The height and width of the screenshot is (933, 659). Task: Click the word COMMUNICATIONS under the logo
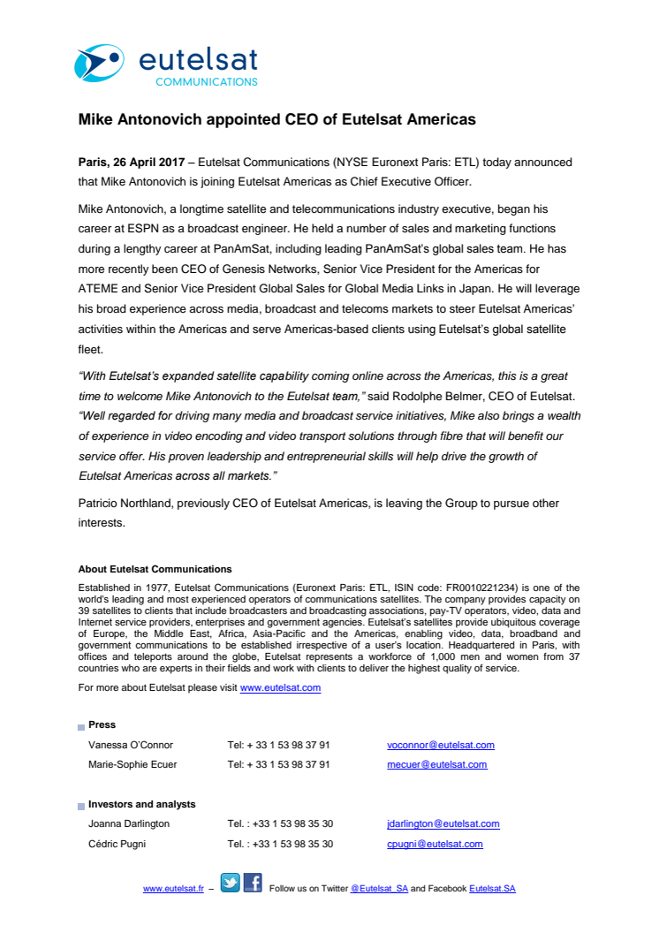coord(206,81)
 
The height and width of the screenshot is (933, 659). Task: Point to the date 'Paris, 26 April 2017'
coord(132,163)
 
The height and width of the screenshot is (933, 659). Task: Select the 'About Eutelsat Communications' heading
coord(155,569)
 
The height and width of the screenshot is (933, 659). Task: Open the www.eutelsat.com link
coord(280,687)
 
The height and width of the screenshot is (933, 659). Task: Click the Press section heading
coord(102,724)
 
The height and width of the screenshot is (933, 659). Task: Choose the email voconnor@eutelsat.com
coord(440,745)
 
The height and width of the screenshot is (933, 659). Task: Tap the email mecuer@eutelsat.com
coord(436,764)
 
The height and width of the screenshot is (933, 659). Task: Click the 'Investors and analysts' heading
coord(141,804)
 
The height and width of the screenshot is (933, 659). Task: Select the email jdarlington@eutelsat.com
coord(443,823)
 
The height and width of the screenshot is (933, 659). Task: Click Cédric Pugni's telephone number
coord(279,844)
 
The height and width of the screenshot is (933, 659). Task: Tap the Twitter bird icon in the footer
coord(230,883)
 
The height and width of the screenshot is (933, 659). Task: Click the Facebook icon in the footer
coord(253,883)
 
